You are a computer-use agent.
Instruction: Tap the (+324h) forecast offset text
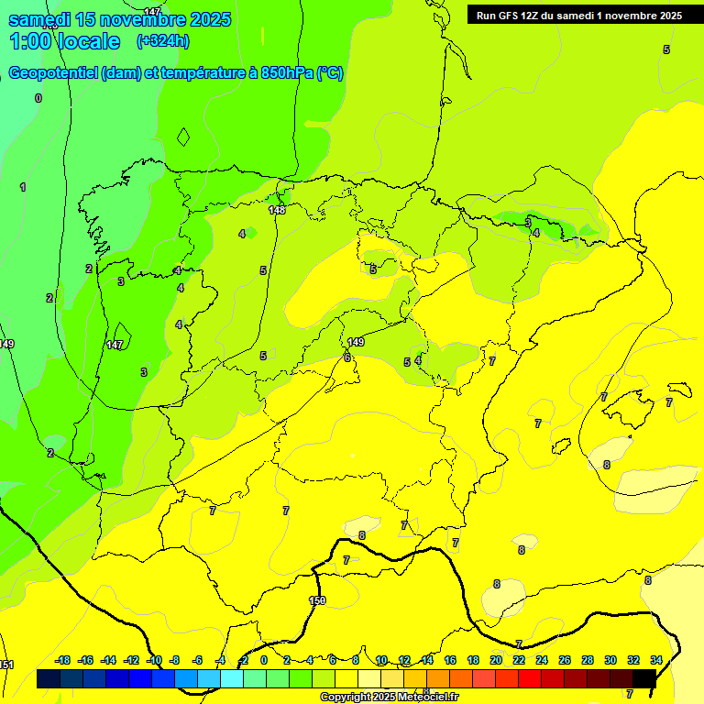(162, 40)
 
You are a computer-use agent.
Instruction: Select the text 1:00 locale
(64, 41)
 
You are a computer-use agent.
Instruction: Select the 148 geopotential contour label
(277, 211)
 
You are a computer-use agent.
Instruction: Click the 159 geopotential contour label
(317, 601)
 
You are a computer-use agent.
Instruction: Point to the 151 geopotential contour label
(6, 665)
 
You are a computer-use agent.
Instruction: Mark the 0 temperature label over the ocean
(38, 98)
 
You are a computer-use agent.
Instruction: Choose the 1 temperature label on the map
(23, 187)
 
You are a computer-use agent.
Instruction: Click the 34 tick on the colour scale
(656, 660)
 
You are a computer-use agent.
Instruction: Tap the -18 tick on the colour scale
(63, 660)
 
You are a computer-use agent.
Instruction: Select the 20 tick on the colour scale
(496, 660)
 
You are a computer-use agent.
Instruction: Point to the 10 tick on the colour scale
(381, 660)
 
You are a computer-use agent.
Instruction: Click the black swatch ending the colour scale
(644, 678)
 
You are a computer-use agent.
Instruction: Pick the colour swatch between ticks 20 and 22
(507, 678)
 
